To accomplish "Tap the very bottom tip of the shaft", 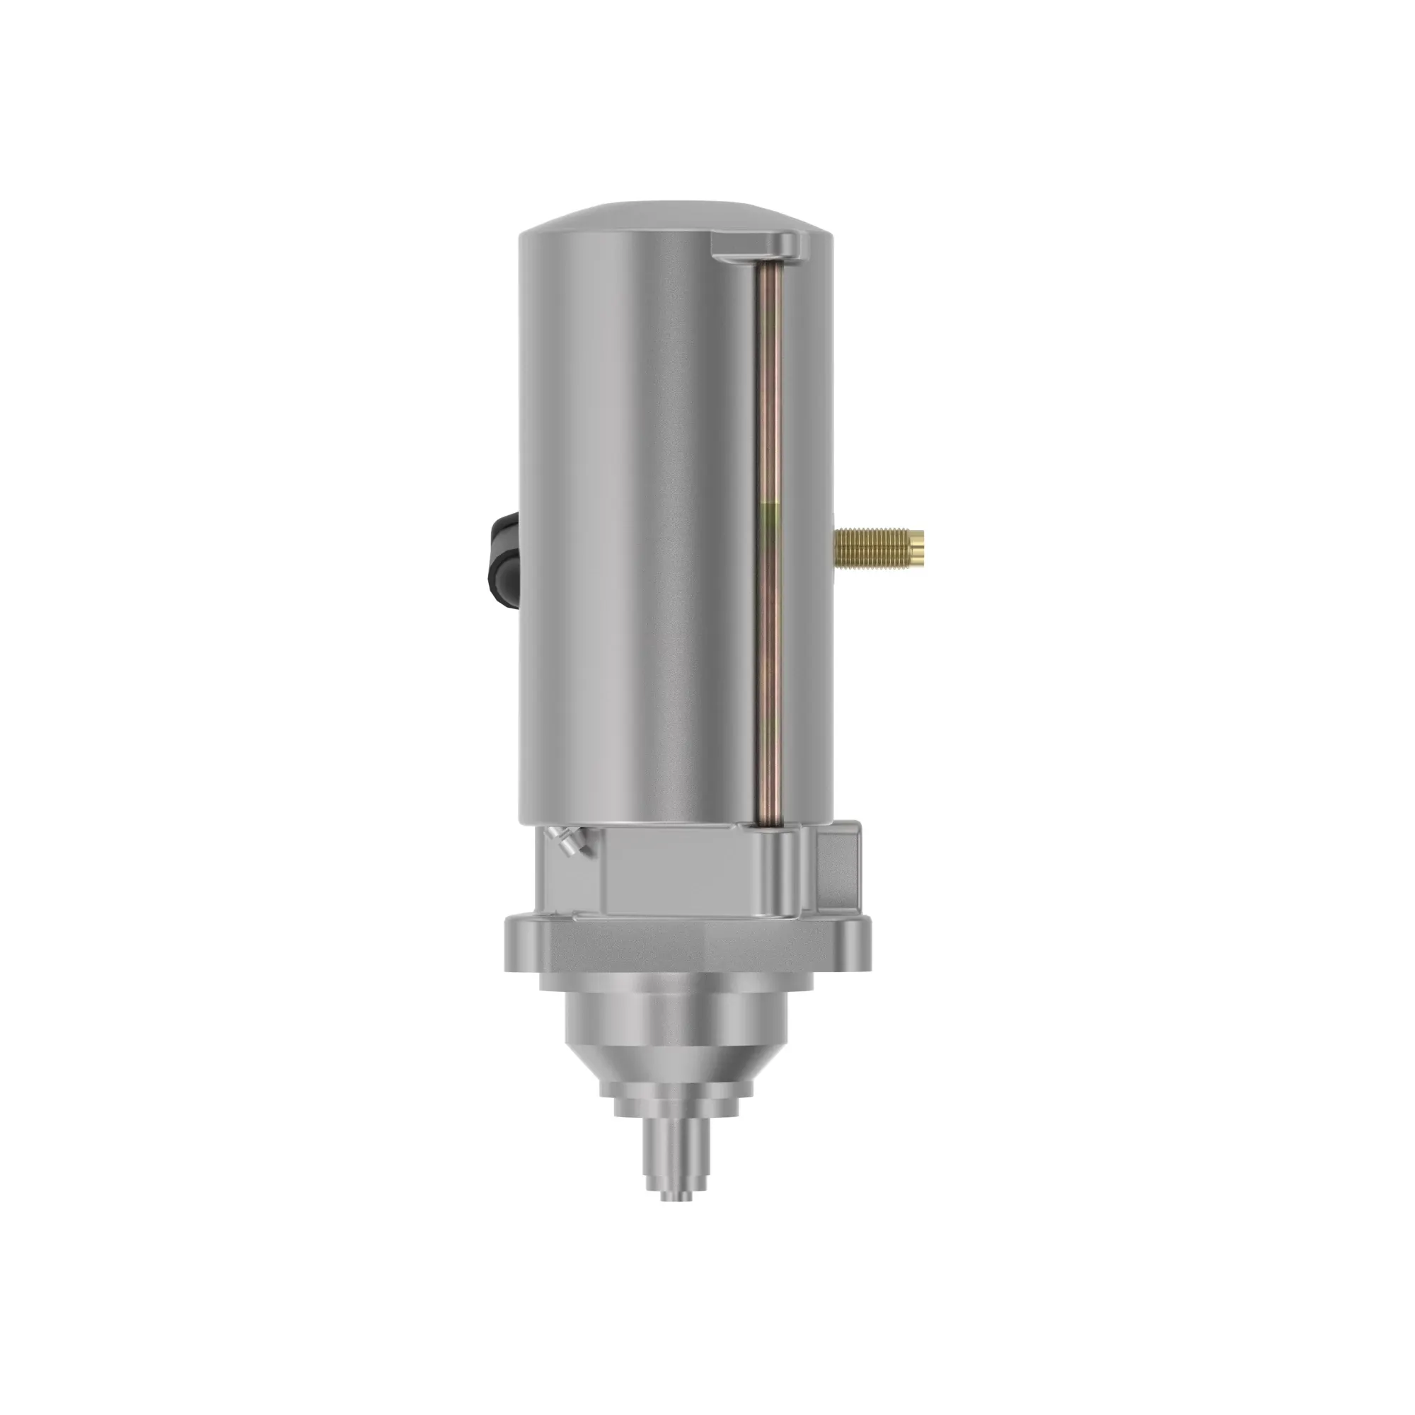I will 675,1199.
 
